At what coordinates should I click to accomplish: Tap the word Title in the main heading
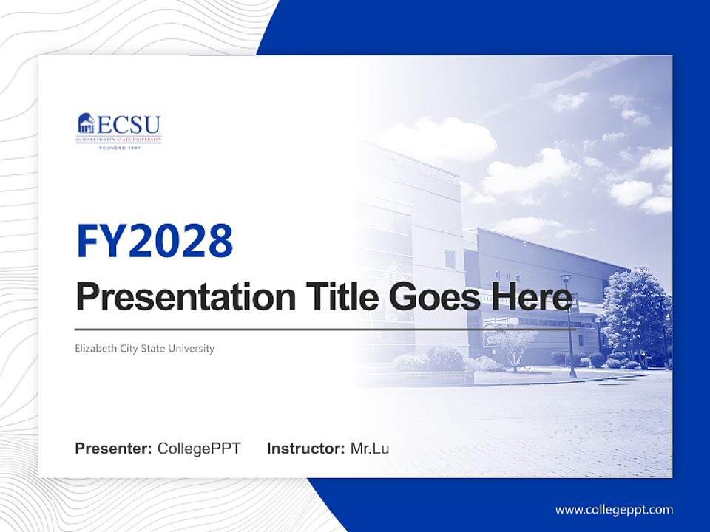[x=340, y=297]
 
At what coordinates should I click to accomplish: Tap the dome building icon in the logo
[x=86, y=124]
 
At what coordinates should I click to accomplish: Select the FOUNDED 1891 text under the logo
[x=119, y=148]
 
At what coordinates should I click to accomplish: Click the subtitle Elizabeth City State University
[x=145, y=348]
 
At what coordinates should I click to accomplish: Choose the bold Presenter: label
[x=114, y=449]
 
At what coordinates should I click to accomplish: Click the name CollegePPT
[x=199, y=449]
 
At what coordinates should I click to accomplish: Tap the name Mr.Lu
[x=370, y=449]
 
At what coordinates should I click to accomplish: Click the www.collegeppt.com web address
[x=614, y=510]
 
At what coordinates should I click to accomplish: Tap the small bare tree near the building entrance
[x=513, y=343]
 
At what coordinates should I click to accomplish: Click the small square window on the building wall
[x=450, y=259]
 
